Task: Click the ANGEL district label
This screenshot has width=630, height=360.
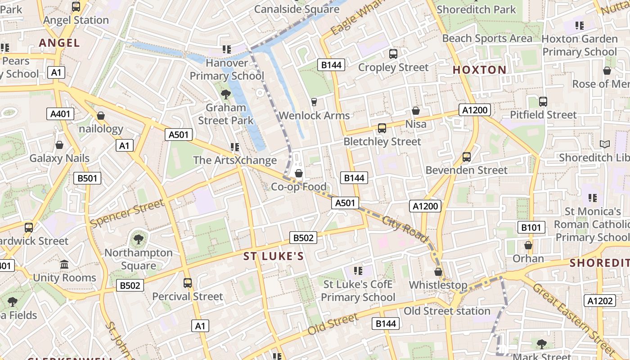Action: (x=59, y=43)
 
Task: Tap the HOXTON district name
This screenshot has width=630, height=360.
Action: (x=479, y=70)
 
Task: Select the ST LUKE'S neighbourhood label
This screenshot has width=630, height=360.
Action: (x=274, y=256)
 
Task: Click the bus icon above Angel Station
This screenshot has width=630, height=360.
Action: (x=76, y=6)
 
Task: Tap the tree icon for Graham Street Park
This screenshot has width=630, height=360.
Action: (x=226, y=94)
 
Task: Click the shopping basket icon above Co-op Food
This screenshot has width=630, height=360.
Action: (x=298, y=173)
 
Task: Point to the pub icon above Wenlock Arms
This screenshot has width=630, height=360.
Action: (x=314, y=102)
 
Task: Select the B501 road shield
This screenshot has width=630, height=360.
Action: (x=87, y=178)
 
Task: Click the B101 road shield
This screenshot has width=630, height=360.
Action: (x=531, y=227)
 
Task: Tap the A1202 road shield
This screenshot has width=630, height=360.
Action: (x=599, y=301)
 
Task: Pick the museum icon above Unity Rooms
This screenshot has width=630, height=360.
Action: (x=64, y=264)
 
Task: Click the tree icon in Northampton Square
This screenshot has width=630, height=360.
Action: (x=139, y=238)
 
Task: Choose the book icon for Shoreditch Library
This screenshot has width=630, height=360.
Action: (x=605, y=144)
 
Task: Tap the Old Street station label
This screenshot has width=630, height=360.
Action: (x=447, y=311)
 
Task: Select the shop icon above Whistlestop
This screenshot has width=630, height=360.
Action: (x=438, y=272)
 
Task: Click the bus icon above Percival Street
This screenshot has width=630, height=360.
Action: (x=188, y=283)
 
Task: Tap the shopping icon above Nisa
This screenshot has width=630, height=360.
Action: (x=416, y=111)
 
